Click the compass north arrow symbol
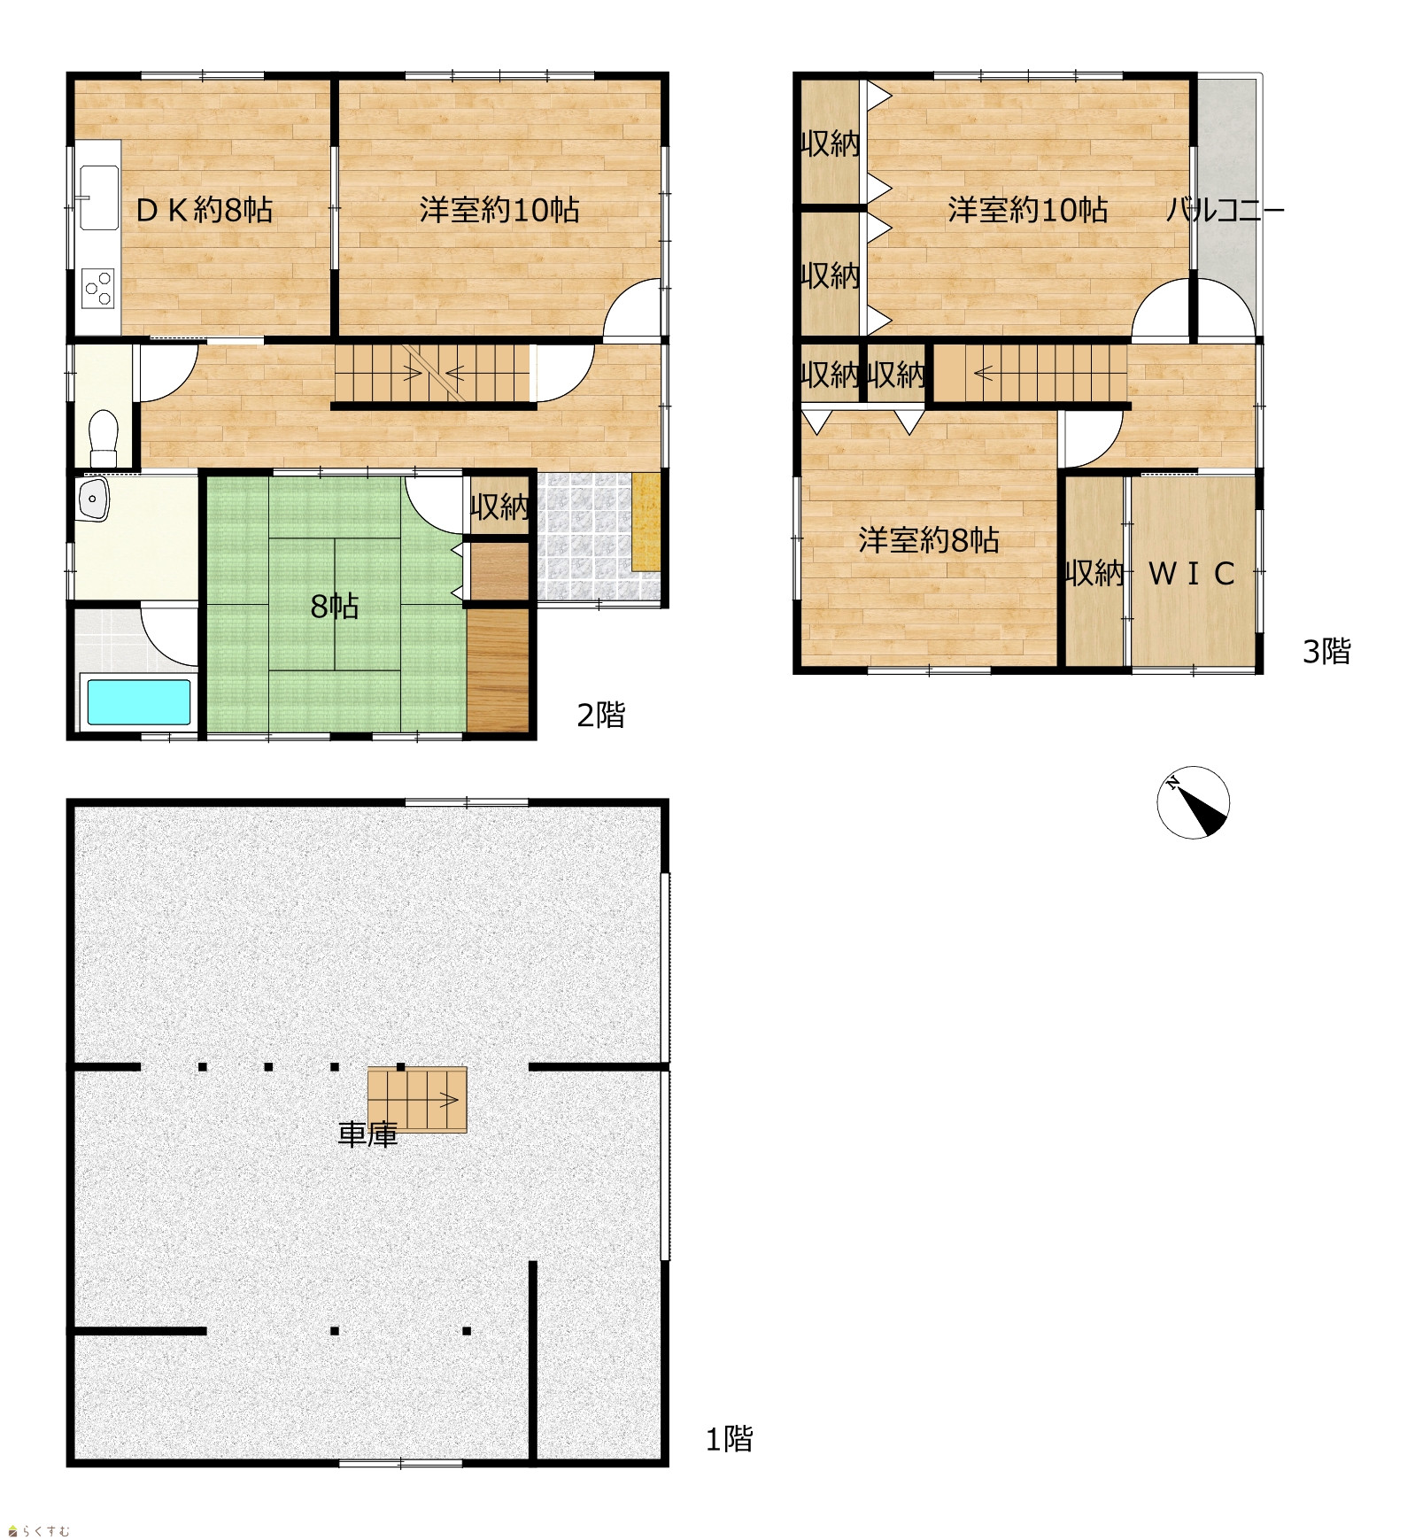point(1193,801)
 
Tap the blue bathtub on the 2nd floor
point(138,701)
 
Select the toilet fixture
point(104,437)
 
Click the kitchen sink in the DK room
point(98,197)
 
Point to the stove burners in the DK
point(98,288)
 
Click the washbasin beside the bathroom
point(92,499)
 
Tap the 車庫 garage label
point(367,1134)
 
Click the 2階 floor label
point(600,714)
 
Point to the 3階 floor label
point(1326,651)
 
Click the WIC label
point(1191,574)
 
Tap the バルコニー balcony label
point(1225,210)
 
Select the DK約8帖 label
point(204,210)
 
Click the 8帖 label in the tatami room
point(335,606)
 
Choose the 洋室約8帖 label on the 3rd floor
point(929,539)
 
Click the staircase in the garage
point(417,1099)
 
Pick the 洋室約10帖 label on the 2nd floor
point(499,210)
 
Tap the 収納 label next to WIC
point(1094,574)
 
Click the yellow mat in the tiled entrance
point(646,522)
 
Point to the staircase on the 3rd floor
point(1032,373)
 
